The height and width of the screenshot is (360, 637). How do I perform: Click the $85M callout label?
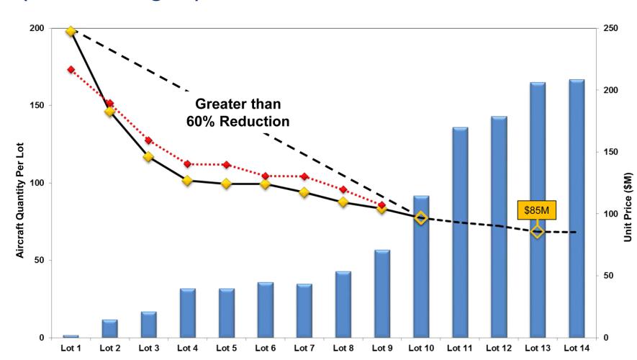[x=537, y=210]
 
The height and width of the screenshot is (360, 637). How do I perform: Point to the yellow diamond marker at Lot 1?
[x=71, y=32]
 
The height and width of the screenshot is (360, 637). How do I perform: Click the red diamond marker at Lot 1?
[x=71, y=70]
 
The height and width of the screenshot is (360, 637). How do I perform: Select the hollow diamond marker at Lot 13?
[x=537, y=231]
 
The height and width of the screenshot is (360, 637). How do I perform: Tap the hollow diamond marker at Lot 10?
[x=421, y=217]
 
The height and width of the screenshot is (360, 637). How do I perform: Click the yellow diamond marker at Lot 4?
[x=187, y=180]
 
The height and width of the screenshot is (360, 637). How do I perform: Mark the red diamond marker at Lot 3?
[x=148, y=140]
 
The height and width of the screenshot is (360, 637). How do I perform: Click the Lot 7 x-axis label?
[x=304, y=348]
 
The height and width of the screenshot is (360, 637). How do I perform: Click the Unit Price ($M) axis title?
[x=628, y=183]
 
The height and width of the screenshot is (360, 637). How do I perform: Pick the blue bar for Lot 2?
[x=109, y=328]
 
